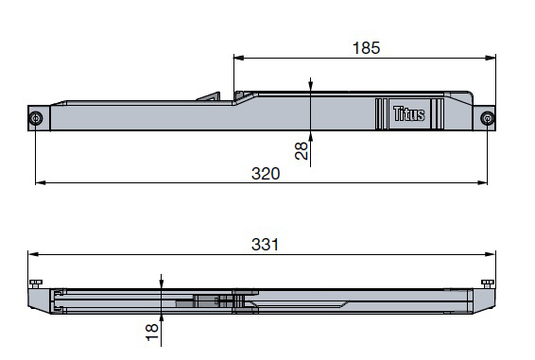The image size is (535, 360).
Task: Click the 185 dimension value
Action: coord(366,48)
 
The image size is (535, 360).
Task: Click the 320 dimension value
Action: coord(266,174)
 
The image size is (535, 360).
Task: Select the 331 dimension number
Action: coord(265,245)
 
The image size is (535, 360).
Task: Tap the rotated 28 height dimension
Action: coord(301,151)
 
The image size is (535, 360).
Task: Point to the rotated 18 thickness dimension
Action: coord(152,333)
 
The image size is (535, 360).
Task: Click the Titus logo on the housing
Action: coord(408,114)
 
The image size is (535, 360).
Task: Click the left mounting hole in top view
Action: coord(36,119)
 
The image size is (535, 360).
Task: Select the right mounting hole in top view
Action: coord(487,118)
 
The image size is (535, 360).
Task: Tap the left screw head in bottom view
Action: coord(36,283)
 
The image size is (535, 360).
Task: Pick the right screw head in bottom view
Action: coord(488,283)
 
